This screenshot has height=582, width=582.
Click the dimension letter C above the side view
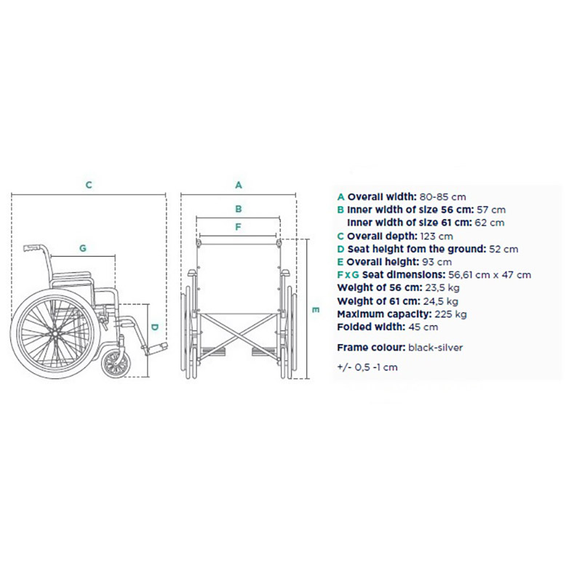[89, 185]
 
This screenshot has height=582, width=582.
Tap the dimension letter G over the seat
[83, 248]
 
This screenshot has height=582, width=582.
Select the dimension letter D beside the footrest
[155, 327]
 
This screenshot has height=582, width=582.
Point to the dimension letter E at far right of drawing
[316, 310]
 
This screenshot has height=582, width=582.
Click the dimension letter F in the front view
[239, 226]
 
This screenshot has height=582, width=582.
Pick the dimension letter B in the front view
[239, 209]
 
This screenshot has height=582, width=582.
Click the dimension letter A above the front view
[239, 185]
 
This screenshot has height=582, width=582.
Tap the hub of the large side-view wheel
[55, 334]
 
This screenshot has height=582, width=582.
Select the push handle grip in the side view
[33, 247]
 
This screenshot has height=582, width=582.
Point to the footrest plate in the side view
[156, 349]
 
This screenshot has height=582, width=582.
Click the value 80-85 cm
[442, 196]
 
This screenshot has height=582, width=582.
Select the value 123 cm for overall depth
[436, 236]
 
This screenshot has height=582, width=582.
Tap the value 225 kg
[450, 314]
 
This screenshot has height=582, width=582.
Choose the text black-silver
[435, 348]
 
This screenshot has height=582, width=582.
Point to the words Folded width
[371, 327]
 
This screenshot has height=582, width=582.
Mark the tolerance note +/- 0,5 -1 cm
[367, 367]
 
